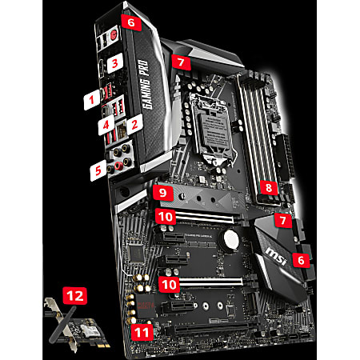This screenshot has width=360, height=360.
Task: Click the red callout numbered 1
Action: click(92, 100)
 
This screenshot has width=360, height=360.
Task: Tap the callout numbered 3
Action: click(114, 62)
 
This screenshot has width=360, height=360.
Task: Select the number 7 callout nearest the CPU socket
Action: click(182, 60)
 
